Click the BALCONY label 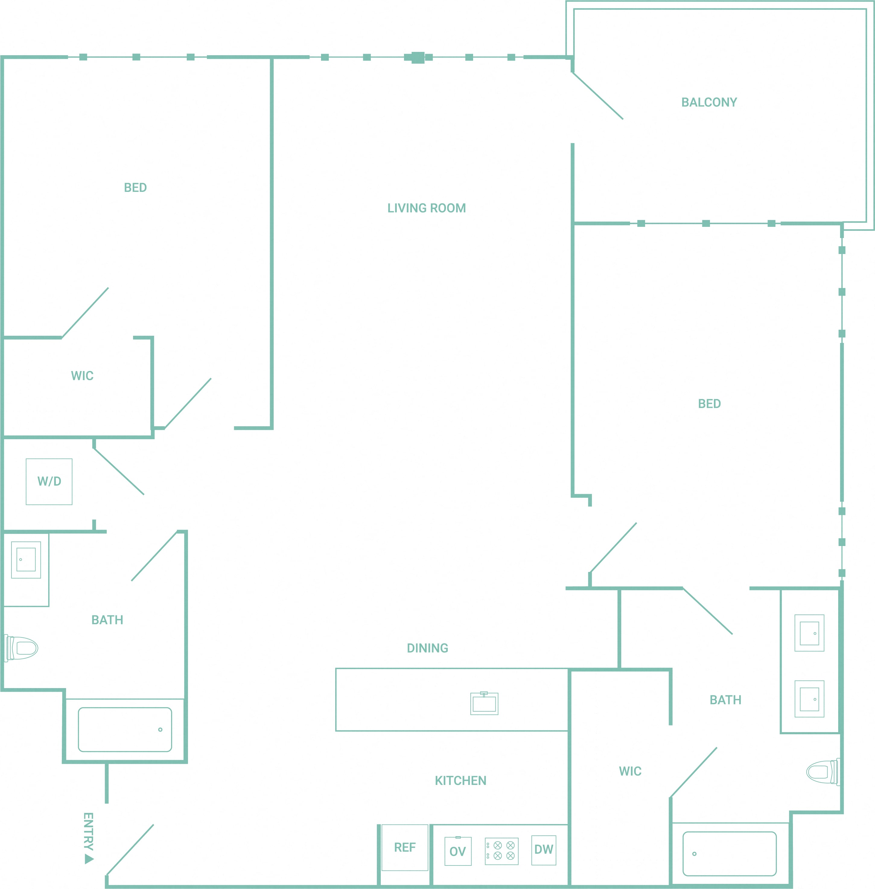point(709,103)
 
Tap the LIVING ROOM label point(426,208)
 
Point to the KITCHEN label point(460,781)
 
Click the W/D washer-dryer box point(49,481)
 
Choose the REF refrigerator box point(405,847)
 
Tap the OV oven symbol point(458,851)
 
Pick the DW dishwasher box point(544,850)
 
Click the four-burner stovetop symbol point(501,851)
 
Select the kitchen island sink point(484,703)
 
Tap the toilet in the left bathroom point(21,648)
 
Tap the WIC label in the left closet point(82,376)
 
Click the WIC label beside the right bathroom point(630,771)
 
